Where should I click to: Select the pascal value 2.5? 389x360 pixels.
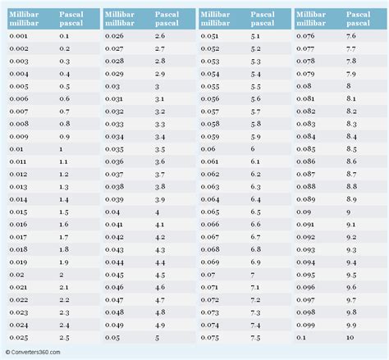(x=65, y=336)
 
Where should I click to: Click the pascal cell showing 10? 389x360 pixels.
(x=350, y=336)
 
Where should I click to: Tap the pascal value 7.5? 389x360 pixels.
(x=255, y=336)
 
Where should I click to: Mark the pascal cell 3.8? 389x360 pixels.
(x=160, y=187)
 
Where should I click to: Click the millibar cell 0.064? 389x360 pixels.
(x=210, y=199)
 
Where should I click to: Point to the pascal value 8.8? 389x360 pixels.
(x=351, y=187)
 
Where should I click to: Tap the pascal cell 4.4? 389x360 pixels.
(x=160, y=262)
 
